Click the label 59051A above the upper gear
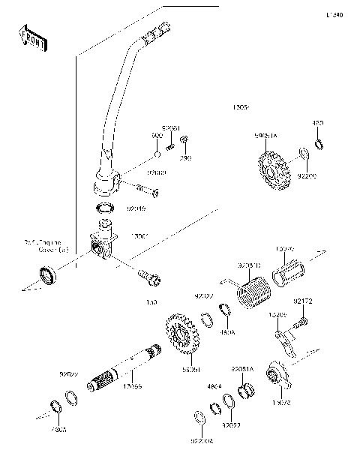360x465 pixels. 266,136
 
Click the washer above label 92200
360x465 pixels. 303,154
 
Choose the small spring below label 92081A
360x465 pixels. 243,391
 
